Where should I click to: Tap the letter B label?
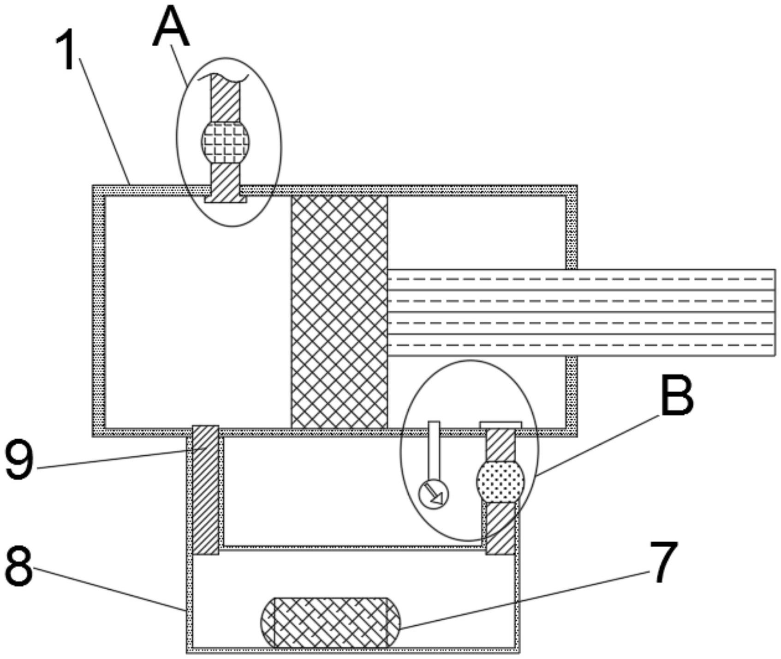677,395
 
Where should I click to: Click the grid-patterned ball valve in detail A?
225,142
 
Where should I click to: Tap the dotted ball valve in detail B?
500,482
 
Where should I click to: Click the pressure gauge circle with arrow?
433,494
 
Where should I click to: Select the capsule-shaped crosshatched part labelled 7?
330,622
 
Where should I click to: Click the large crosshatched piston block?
339,312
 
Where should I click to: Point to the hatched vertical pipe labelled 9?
205,490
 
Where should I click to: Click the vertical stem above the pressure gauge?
434,450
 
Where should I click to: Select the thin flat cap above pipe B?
501,424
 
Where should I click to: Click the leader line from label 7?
526,599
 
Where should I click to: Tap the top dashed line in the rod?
581,279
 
